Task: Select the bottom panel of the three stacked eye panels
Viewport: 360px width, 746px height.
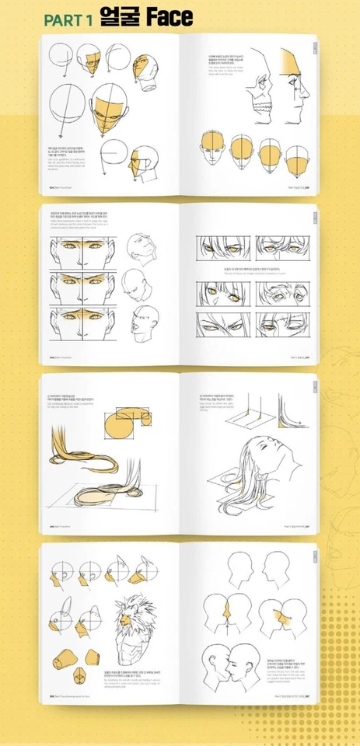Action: [x=81, y=322]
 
